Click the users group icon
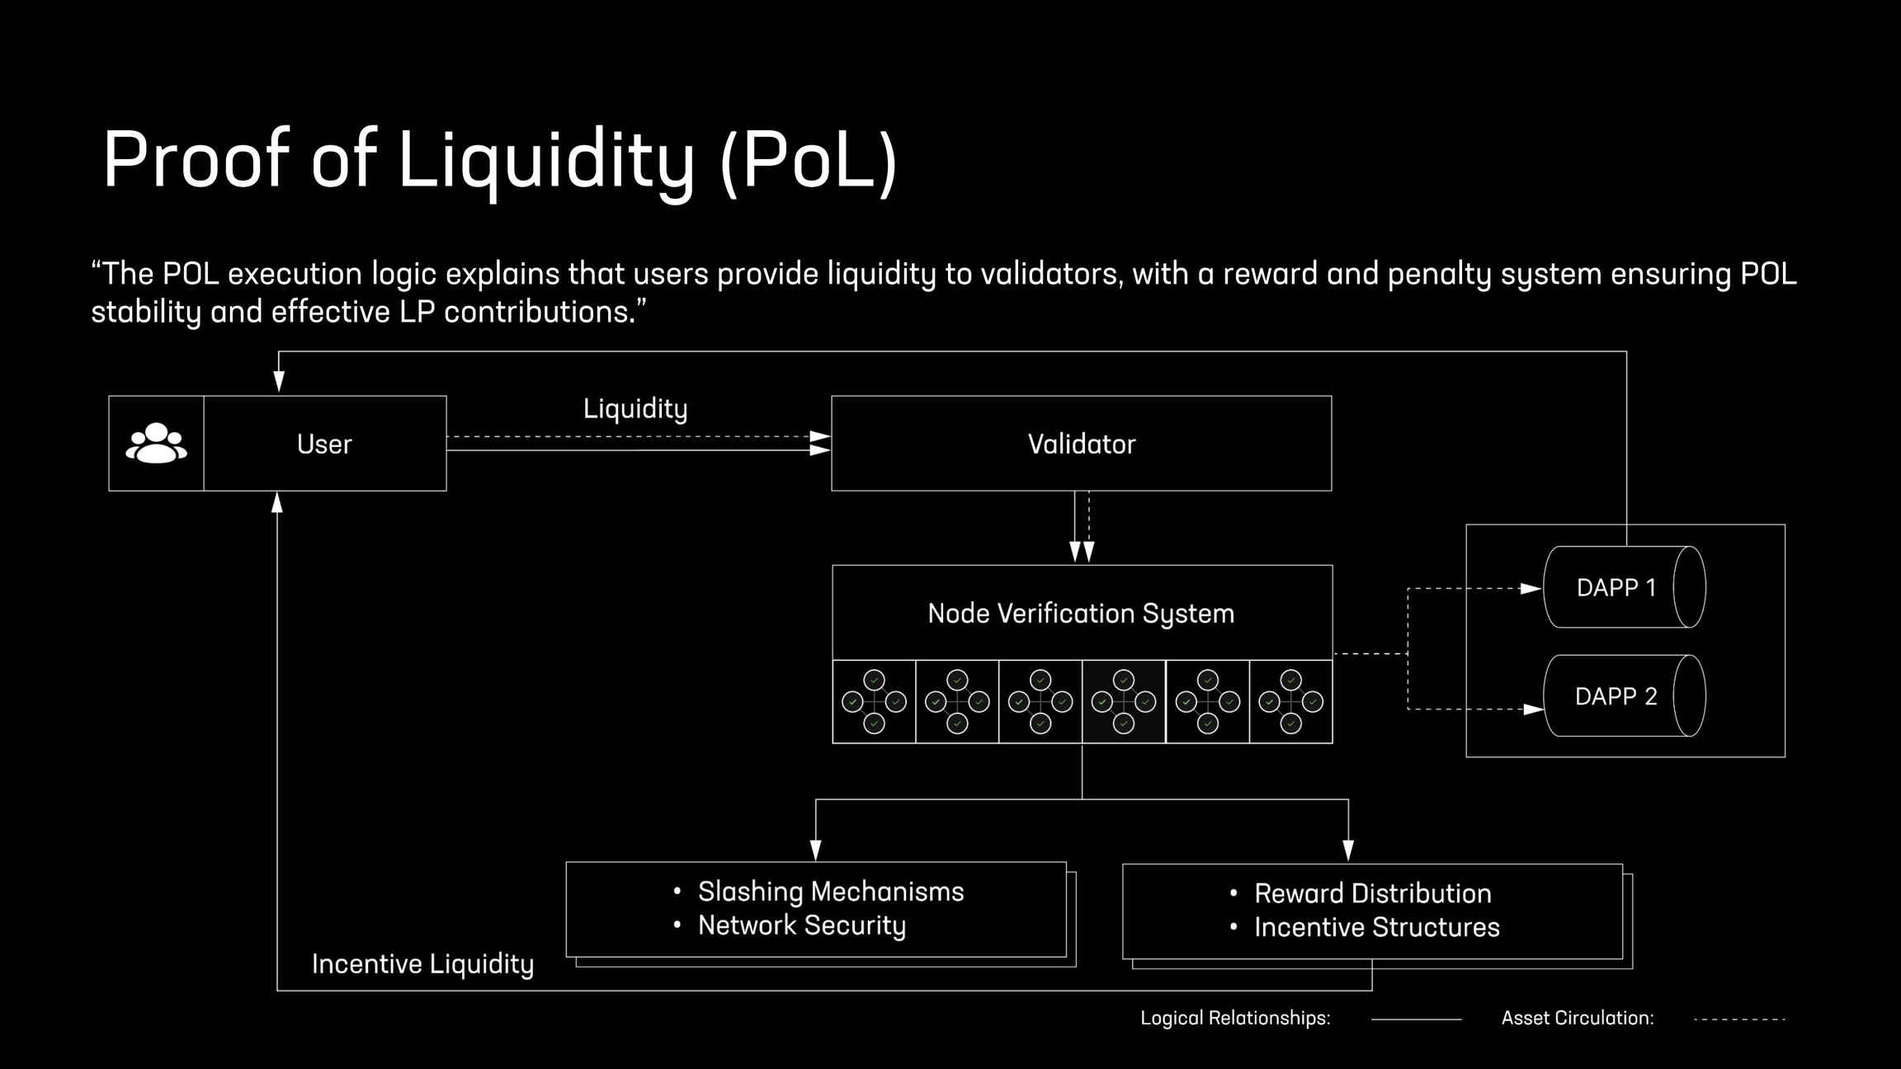click(x=156, y=444)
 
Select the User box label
click(x=324, y=445)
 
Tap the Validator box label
click(x=1081, y=445)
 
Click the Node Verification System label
click(x=1081, y=614)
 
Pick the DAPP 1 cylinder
click(x=1623, y=587)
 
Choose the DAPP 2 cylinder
click(x=1623, y=696)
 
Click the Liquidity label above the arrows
click(x=635, y=409)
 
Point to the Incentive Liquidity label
click(x=422, y=964)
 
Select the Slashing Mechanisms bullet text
click(x=830, y=892)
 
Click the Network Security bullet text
click(x=801, y=925)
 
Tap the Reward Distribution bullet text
click(x=1372, y=893)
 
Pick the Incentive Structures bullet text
click(x=1376, y=927)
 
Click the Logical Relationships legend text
click(x=1235, y=1018)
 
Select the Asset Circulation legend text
click(x=1577, y=1018)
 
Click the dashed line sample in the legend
click(x=1739, y=1020)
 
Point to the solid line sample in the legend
click(x=1416, y=1020)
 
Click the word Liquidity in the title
click(x=545, y=159)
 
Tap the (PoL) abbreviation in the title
click(x=809, y=159)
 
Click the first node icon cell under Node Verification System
click(x=874, y=702)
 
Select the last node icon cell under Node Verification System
click(x=1290, y=702)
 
